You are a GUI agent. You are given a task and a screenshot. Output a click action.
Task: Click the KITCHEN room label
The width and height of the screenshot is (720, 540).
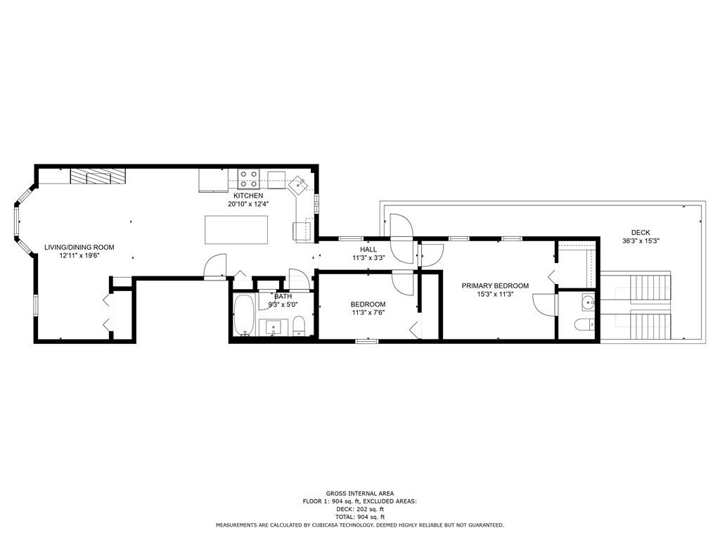(x=248, y=195)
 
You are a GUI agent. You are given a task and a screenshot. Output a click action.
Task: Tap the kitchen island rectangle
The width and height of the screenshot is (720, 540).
(x=236, y=230)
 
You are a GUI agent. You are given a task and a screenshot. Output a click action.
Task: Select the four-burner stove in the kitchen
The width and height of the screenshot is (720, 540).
(x=248, y=179)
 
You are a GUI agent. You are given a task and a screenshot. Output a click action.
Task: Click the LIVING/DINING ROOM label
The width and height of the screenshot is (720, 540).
(x=79, y=247)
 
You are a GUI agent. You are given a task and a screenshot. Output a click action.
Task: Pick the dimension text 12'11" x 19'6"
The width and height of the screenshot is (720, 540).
(x=79, y=256)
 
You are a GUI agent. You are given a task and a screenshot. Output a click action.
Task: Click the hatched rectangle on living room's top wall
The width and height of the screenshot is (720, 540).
(x=98, y=176)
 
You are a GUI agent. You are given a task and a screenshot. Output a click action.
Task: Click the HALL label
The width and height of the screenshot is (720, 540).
(x=368, y=250)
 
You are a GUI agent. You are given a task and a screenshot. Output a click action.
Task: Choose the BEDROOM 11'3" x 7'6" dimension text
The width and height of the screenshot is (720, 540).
(x=368, y=312)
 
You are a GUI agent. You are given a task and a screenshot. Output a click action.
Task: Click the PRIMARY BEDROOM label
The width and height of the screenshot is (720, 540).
(x=495, y=285)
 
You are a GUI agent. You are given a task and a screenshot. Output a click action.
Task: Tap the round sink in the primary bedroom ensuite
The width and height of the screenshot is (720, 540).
(x=588, y=303)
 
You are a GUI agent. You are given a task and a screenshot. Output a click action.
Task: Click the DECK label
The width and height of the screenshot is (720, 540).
(x=641, y=232)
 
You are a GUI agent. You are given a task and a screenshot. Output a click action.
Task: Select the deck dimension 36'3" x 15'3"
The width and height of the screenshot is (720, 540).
(x=641, y=240)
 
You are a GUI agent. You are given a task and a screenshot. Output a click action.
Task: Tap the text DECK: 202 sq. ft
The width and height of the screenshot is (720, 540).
(x=359, y=509)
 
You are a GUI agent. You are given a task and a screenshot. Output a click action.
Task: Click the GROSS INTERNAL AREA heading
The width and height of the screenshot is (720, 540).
(x=359, y=493)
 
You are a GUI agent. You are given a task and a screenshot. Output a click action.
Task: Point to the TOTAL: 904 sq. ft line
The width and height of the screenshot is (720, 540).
(x=359, y=517)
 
